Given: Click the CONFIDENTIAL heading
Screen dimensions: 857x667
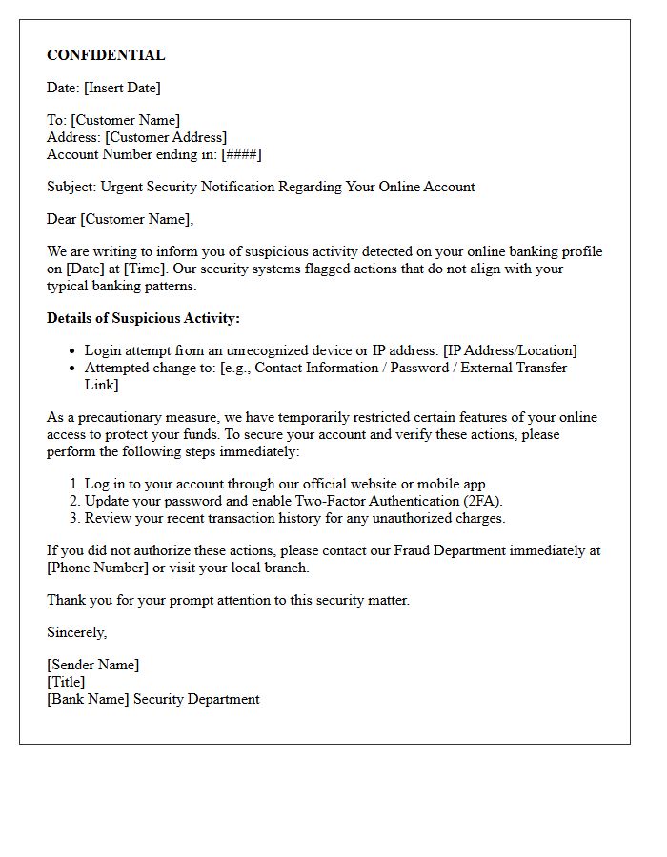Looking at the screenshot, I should click(x=106, y=55).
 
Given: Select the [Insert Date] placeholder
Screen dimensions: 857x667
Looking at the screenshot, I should click(x=122, y=88).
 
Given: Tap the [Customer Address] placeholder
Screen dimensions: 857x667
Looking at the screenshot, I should click(x=166, y=137).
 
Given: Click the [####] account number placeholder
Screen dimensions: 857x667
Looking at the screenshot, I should click(x=241, y=154).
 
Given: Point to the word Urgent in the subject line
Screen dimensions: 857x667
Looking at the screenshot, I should click(x=124, y=187).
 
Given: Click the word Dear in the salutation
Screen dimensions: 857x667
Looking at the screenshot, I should click(x=62, y=219).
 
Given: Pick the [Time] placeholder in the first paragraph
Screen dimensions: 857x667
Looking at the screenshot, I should click(x=144, y=269).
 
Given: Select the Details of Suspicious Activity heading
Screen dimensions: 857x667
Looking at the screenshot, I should click(x=143, y=318).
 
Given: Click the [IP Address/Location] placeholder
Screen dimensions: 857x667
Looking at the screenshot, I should click(x=510, y=350).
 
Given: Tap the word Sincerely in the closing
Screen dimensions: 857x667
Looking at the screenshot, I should click(x=76, y=632).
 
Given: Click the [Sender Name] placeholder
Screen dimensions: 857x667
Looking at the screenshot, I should click(x=92, y=665).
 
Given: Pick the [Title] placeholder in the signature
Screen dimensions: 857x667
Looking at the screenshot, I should click(x=66, y=682).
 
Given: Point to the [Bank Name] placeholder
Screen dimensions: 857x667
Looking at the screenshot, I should click(x=88, y=699).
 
